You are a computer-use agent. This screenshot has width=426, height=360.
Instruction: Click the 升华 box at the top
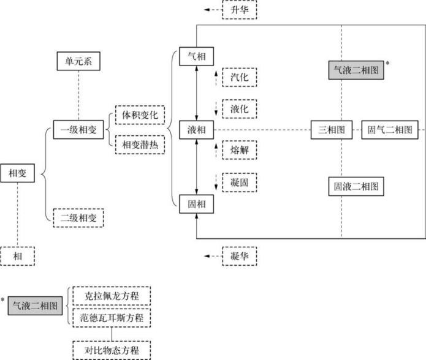pos(240,10)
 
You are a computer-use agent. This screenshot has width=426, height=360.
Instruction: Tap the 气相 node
pos(196,56)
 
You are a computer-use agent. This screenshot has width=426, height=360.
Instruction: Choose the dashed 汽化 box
pos(240,77)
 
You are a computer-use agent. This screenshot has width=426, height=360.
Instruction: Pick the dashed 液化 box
pos(240,108)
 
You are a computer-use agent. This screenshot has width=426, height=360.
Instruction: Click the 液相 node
pos(196,130)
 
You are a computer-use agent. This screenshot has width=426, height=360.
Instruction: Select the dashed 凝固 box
pos(240,182)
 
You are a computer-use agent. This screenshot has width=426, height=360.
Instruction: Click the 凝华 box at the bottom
pos(240,256)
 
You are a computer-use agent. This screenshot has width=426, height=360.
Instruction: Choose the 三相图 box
pos(332,130)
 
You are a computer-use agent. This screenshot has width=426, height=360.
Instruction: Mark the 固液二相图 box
pos(356,186)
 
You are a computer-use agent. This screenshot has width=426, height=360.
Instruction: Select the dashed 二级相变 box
pos(78,217)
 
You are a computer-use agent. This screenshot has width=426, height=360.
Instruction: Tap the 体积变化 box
pos(140,114)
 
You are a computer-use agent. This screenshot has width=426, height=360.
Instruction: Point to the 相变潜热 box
pos(140,144)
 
